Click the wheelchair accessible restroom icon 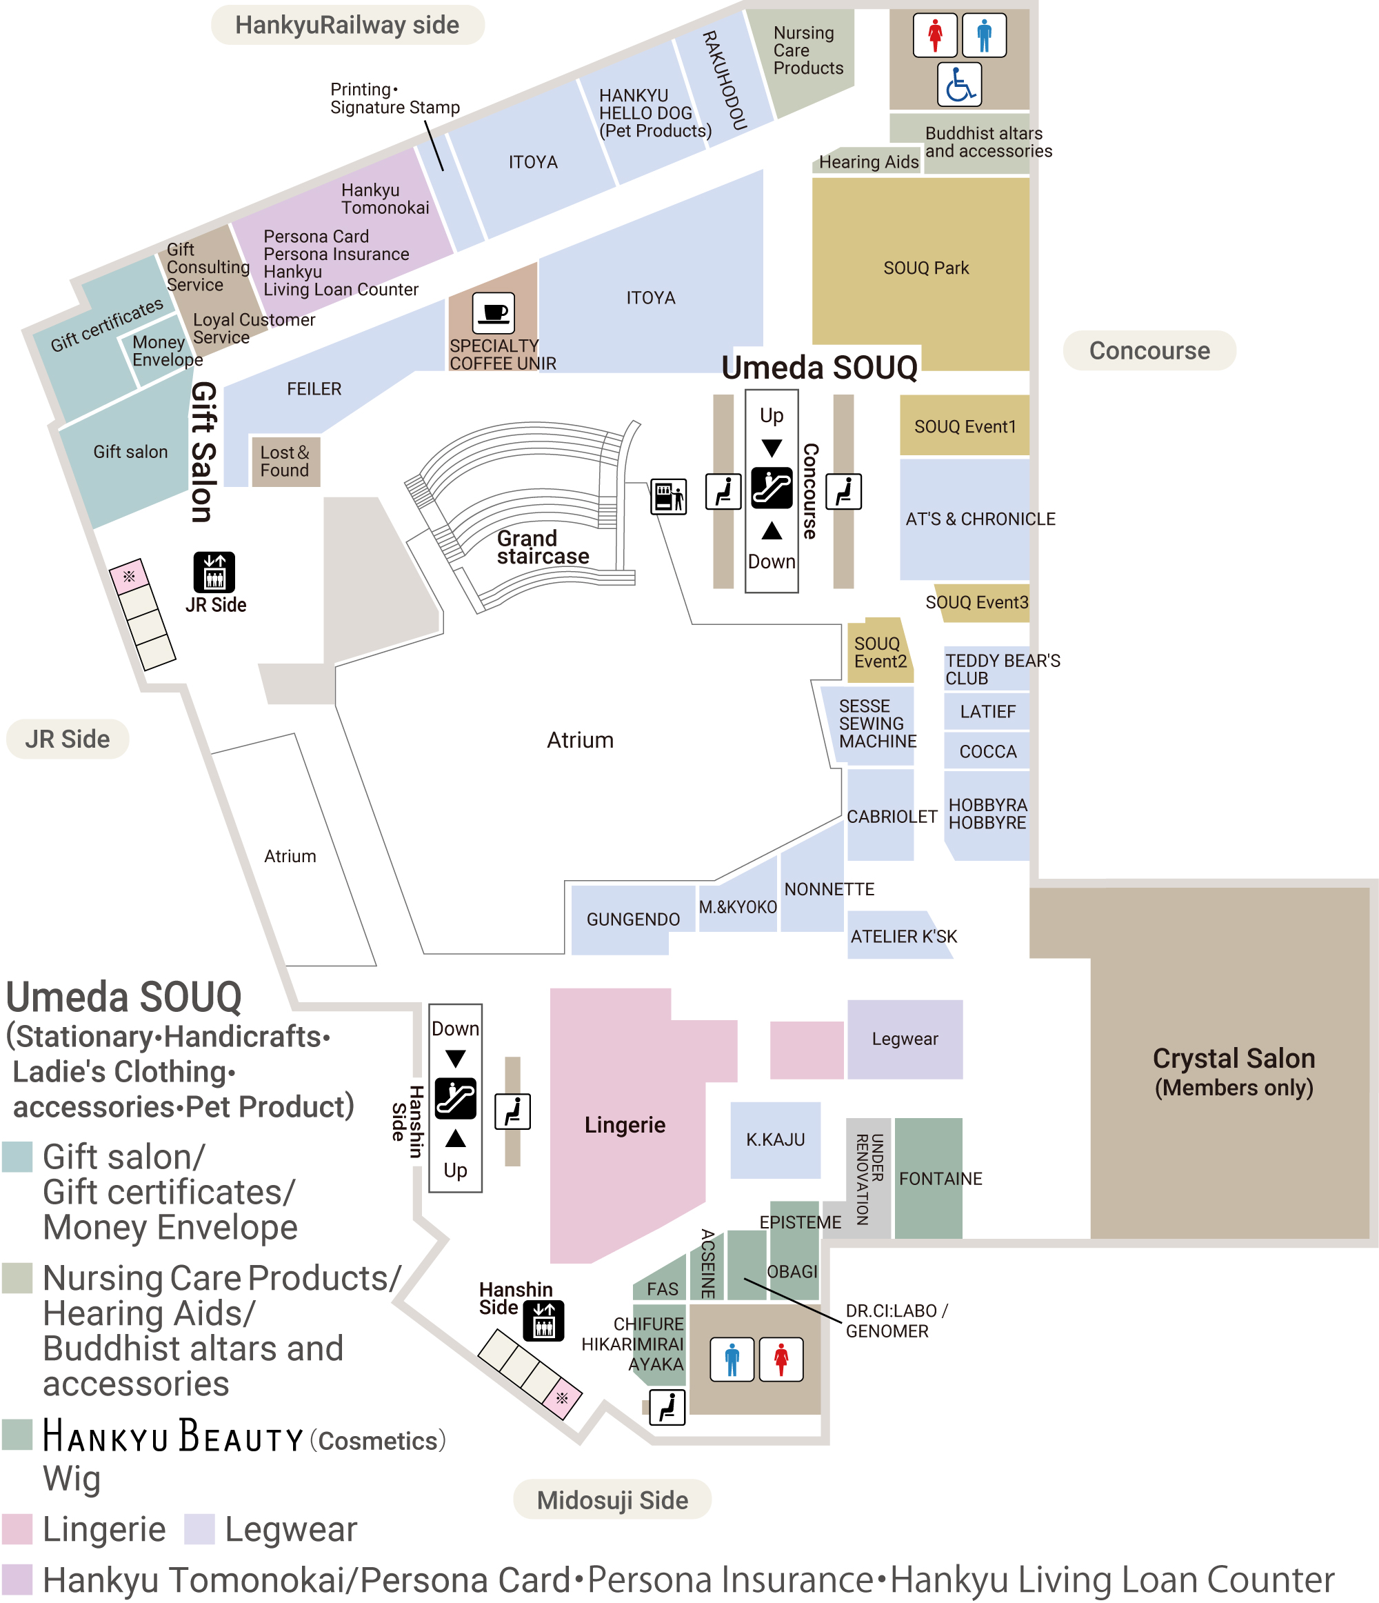[x=959, y=84]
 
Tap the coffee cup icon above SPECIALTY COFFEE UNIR [x=494, y=313]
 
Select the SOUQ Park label [x=926, y=268]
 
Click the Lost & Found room [x=285, y=462]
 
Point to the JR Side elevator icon [x=214, y=572]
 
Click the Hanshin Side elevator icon [x=544, y=1321]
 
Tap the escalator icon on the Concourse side [x=771, y=488]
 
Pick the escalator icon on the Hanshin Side [x=456, y=1099]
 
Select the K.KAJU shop [x=776, y=1139]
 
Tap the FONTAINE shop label [x=940, y=1178]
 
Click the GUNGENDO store [x=633, y=919]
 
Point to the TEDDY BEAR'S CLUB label [x=1003, y=669]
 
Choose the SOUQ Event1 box [x=965, y=426]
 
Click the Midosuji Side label [x=612, y=1500]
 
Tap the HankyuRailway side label [x=348, y=25]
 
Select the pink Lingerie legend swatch [x=17, y=1529]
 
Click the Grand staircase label [x=543, y=547]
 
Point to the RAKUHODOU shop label [x=725, y=81]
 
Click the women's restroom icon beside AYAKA [x=781, y=1360]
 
